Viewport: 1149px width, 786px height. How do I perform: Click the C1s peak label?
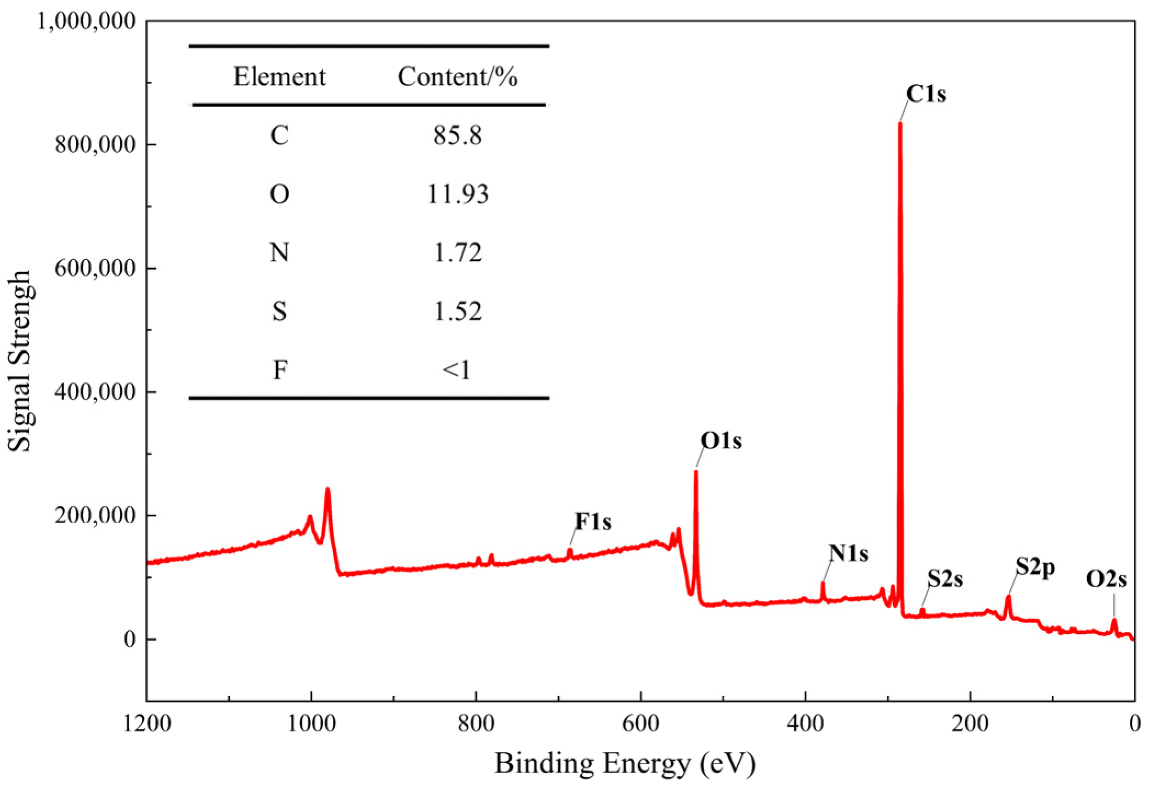(x=926, y=94)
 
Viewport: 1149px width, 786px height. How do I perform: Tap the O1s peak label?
(x=721, y=441)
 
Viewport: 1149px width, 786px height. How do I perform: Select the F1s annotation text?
(x=593, y=522)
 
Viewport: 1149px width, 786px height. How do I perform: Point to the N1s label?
(x=848, y=553)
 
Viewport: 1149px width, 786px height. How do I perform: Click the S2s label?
(x=945, y=579)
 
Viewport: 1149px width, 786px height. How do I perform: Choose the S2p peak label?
(x=1035, y=567)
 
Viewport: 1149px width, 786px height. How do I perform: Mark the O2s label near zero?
(x=1106, y=579)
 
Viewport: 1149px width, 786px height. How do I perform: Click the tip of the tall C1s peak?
(x=900, y=124)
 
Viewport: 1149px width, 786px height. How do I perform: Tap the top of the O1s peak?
(x=696, y=472)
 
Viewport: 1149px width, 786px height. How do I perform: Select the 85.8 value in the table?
(x=457, y=135)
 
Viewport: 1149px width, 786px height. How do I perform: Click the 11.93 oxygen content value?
(x=457, y=194)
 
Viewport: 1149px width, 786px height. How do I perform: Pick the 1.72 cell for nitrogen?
(x=457, y=253)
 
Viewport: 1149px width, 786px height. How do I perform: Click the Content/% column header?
(x=457, y=77)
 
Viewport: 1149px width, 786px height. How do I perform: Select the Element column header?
(x=279, y=77)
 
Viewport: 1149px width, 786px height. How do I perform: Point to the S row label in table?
(x=279, y=312)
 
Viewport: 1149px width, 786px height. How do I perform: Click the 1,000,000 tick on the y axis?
(x=86, y=21)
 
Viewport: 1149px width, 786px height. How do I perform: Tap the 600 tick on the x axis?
(x=641, y=724)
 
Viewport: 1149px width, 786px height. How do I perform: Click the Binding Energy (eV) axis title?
(x=625, y=763)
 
